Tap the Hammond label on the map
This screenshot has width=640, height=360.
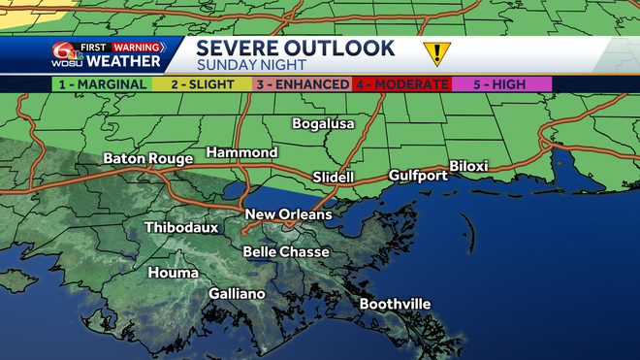[241, 153]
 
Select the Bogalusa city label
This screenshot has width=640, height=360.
[324, 124]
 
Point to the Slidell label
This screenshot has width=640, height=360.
[334, 178]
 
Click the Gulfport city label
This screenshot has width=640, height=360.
[418, 176]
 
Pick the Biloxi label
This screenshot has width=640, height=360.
[468, 166]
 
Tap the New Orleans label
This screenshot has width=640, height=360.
[288, 214]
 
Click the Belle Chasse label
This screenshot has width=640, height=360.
[285, 252]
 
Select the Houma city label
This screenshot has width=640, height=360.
[173, 273]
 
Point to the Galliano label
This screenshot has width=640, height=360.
[237, 293]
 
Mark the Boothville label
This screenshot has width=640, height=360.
[395, 305]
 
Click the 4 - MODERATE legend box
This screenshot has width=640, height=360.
[400, 84]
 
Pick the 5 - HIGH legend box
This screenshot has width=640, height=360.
[501, 84]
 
